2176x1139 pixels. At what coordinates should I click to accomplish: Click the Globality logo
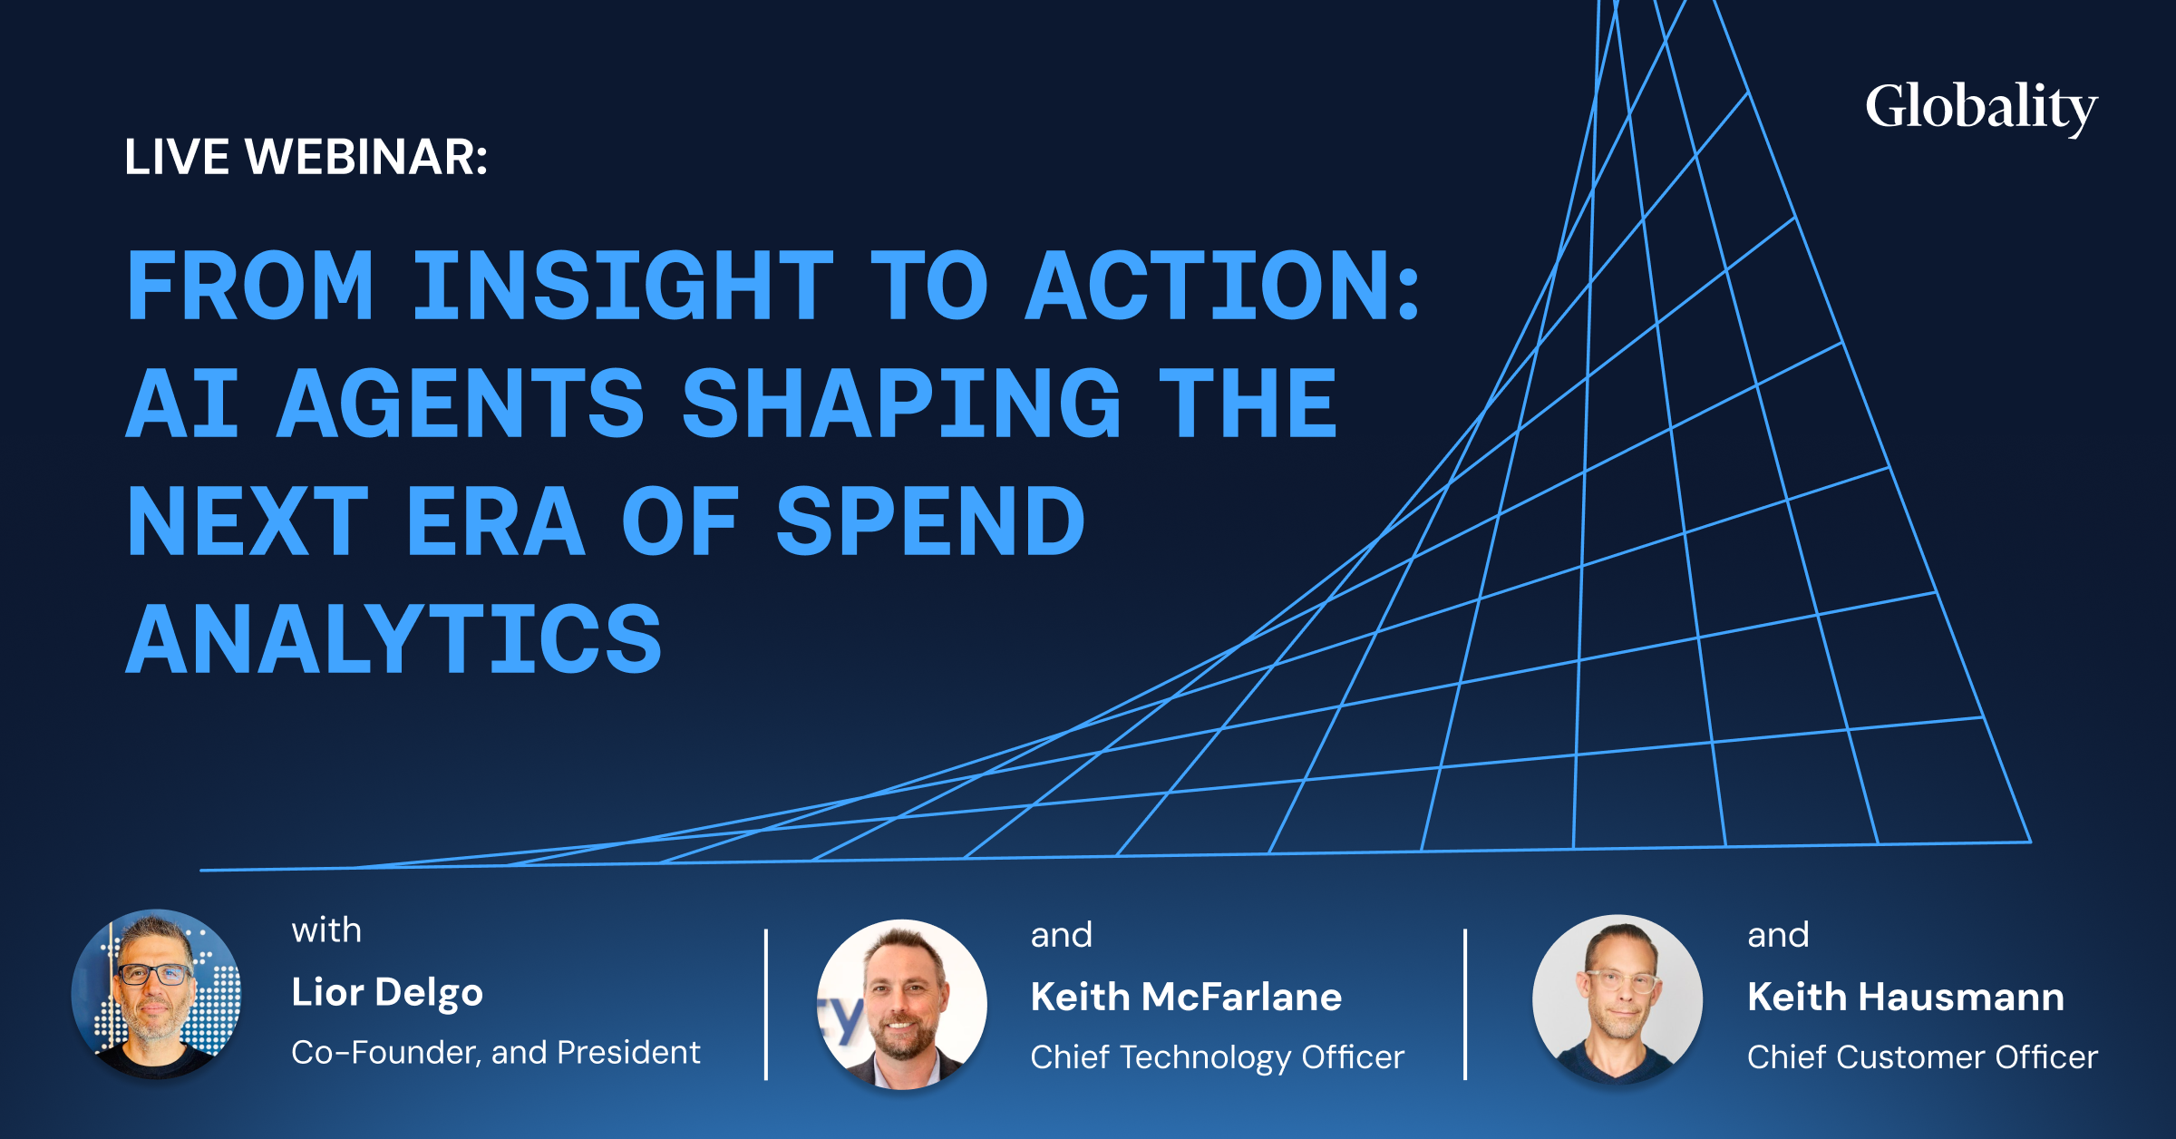click(x=1981, y=109)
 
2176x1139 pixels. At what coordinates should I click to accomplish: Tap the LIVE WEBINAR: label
click(x=306, y=157)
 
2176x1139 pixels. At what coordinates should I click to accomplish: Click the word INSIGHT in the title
click(x=623, y=286)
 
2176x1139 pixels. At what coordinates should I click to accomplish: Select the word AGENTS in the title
click(x=461, y=403)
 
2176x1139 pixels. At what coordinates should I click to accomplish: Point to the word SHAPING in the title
click(x=902, y=403)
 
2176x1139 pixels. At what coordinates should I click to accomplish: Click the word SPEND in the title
click(x=930, y=521)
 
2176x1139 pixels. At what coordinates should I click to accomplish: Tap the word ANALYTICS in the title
click(x=393, y=639)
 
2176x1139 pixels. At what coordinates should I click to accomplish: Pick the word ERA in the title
click(x=495, y=521)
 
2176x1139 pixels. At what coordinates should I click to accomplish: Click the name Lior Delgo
click(x=387, y=993)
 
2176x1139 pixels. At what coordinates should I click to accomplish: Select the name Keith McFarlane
click(x=1186, y=997)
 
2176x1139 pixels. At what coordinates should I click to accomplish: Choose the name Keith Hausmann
click(x=1906, y=997)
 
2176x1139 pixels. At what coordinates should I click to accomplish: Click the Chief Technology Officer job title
click(x=1218, y=1057)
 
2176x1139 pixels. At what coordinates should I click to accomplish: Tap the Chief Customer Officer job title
click(x=1923, y=1057)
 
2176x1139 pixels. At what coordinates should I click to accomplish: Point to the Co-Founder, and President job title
click(x=496, y=1053)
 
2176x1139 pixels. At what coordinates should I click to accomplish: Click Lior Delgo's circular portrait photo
click(x=157, y=994)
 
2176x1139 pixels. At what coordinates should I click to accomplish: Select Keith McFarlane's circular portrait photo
click(x=902, y=1004)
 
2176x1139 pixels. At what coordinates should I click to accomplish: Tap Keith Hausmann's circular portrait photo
click(x=1617, y=999)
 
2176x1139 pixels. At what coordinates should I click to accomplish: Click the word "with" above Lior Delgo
click(x=326, y=931)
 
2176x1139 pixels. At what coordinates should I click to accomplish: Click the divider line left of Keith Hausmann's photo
click(x=1465, y=1004)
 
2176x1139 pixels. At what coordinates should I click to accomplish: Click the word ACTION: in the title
click(x=1222, y=286)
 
